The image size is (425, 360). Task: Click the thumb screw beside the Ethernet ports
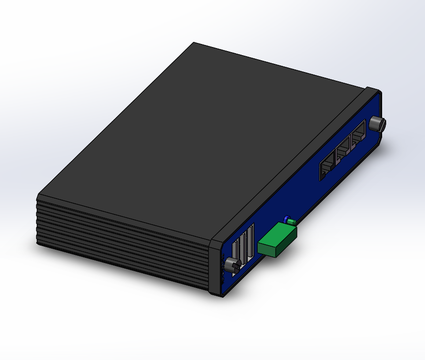point(377,123)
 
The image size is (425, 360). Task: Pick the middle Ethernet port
point(343,149)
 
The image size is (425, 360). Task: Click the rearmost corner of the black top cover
point(194,43)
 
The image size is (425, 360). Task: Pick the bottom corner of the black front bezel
point(218,295)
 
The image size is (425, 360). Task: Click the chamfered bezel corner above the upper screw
point(375,90)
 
